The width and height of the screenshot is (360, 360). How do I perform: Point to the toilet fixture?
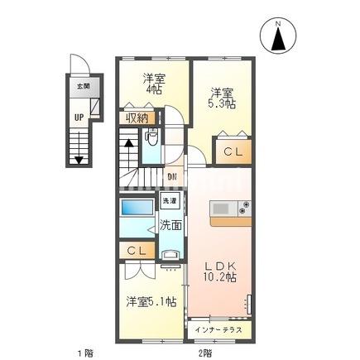coord(151,138)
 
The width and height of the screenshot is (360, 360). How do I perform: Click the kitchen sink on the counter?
coord(221,208)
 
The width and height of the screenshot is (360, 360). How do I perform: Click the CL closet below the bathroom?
coord(133,250)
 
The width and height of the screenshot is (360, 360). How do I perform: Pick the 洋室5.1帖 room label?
coord(151,301)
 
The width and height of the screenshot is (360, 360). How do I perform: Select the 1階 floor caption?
coord(85,353)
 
